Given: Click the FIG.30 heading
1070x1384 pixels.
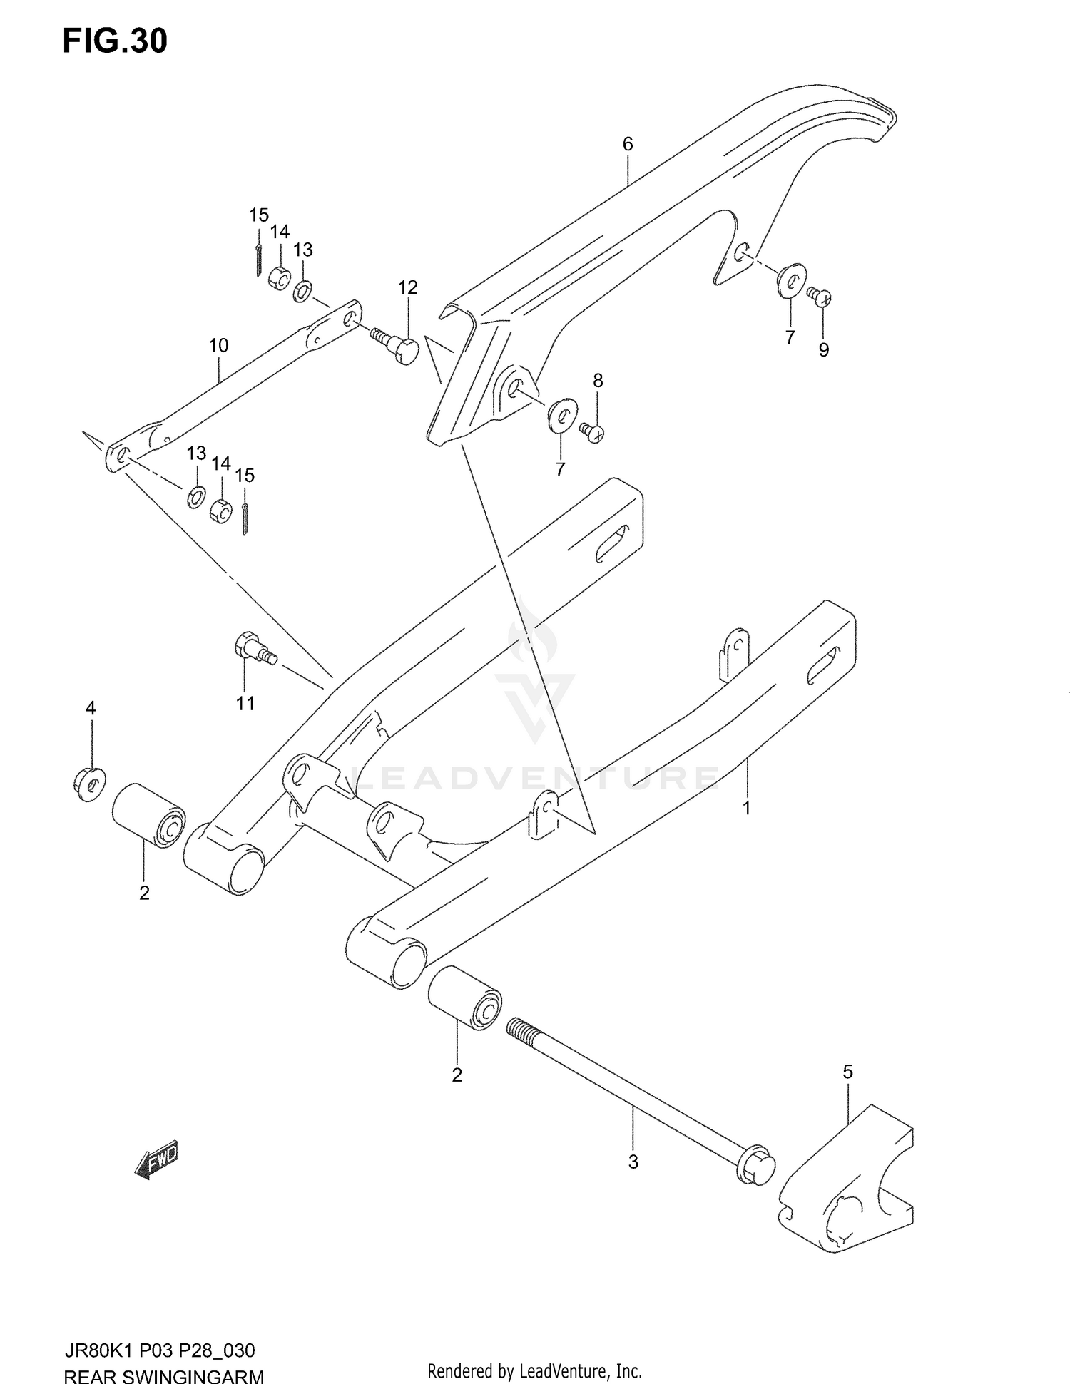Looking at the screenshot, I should (x=115, y=41).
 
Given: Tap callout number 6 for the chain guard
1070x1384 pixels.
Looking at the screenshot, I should (x=627, y=144).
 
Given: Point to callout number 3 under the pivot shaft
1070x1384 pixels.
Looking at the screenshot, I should (x=633, y=1162).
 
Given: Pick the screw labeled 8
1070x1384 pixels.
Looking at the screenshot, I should (x=592, y=431).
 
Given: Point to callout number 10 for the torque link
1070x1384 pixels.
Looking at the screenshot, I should (x=218, y=346).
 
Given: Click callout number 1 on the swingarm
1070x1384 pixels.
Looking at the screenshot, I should (x=746, y=808).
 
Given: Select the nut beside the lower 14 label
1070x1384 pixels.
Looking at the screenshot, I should (x=221, y=509).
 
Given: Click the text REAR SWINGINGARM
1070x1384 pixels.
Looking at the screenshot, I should (x=164, y=1373).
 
